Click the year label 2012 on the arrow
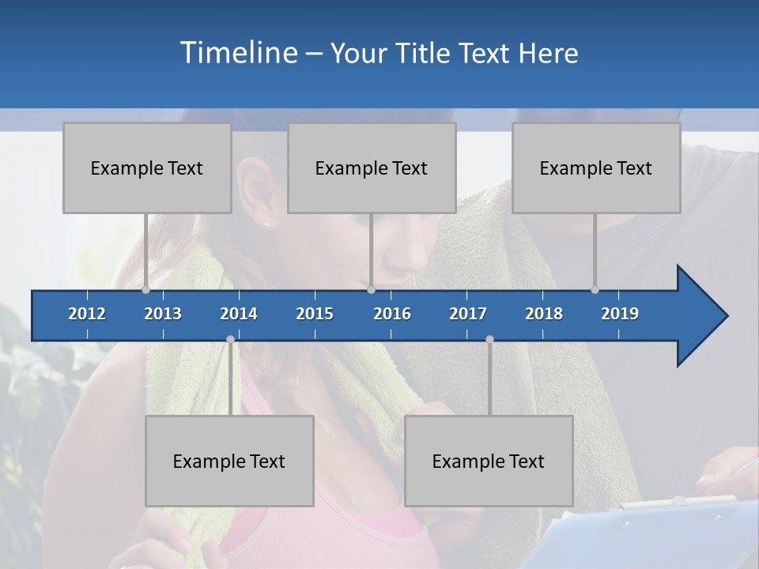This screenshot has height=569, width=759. pyautogui.click(x=87, y=314)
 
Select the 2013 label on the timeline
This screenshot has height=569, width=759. pyautogui.click(x=163, y=314)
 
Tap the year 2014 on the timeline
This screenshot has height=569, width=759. pyautogui.click(x=239, y=314)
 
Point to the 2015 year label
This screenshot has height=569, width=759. pyautogui.click(x=315, y=314)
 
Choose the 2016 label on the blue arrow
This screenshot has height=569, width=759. pyautogui.click(x=392, y=314)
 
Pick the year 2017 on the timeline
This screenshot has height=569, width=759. pyautogui.click(x=468, y=314)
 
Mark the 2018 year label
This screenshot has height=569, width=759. pyautogui.click(x=544, y=314)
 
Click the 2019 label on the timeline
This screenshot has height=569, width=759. pyautogui.click(x=620, y=314)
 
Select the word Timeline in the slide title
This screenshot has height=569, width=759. pyautogui.click(x=238, y=53)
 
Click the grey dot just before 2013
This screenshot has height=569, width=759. pyautogui.click(x=145, y=289)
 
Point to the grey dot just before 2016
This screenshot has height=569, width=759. pyautogui.click(x=371, y=289)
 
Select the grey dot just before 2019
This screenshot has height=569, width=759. pyautogui.click(x=595, y=289)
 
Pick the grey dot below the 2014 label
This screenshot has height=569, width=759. pyautogui.click(x=230, y=339)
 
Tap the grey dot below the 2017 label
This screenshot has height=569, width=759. pyautogui.click(x=489, y=339)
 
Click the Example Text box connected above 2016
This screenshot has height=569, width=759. pyautogui.click(x=372, y=168)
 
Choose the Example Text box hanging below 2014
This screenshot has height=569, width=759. pyautogui.click(x=229, y=461)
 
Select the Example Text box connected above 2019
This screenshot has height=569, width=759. pyautogui.click(x=596, y=168)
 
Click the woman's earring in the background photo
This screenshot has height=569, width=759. pyautogui.click(x=266, y=223)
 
